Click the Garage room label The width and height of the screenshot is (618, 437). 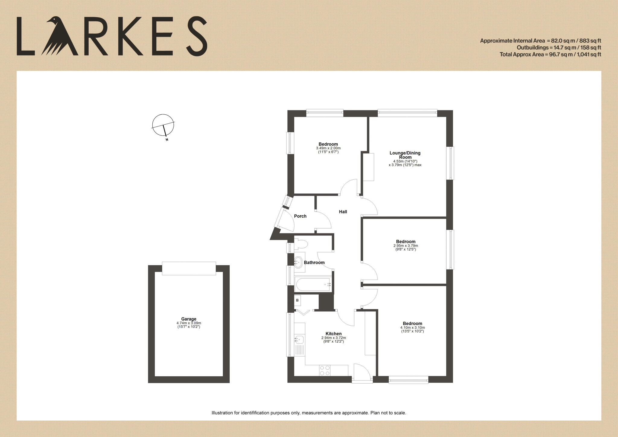click(189, 319)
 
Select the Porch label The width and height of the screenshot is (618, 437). click(300, 216)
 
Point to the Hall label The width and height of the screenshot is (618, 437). click(343, 212)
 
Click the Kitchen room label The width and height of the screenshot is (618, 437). click(333, 334)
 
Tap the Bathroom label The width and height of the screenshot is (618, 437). click(314, 263)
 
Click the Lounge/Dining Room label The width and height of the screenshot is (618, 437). click(405, 155)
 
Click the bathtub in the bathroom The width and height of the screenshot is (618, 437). click(313, 284)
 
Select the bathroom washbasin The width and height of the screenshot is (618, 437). click(299, 262)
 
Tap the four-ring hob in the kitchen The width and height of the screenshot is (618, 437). click(325, 371)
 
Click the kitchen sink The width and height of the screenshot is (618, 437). click(299, 340)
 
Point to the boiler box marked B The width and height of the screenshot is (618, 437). click(298, 300)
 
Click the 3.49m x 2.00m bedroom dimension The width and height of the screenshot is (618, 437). click(328, 148)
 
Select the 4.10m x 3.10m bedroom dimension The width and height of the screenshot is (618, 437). click(412, 327)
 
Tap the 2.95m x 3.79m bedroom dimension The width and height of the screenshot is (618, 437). click(406, 246)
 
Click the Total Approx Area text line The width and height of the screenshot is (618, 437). click(550, 55)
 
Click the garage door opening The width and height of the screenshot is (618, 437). click(189, 268)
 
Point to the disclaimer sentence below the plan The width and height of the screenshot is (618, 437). click(309, 413)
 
